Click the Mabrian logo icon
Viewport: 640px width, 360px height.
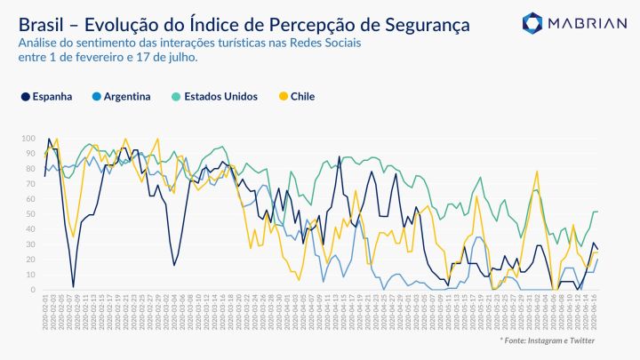[533, 23]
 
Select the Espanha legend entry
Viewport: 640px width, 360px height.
[52, 96]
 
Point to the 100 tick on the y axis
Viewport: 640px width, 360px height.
[28, 139]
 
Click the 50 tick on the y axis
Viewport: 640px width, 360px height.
[30, 214]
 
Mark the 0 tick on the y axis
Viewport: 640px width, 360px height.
[33, 290]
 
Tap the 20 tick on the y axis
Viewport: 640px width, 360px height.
[30, 260]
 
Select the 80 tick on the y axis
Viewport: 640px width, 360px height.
[30, 169]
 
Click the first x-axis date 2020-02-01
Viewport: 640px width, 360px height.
[45, 312]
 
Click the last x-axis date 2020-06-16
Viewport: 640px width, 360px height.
[594, 312]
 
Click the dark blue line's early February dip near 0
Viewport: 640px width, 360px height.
[73, 286]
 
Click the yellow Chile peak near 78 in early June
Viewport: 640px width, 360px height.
[537, 172]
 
